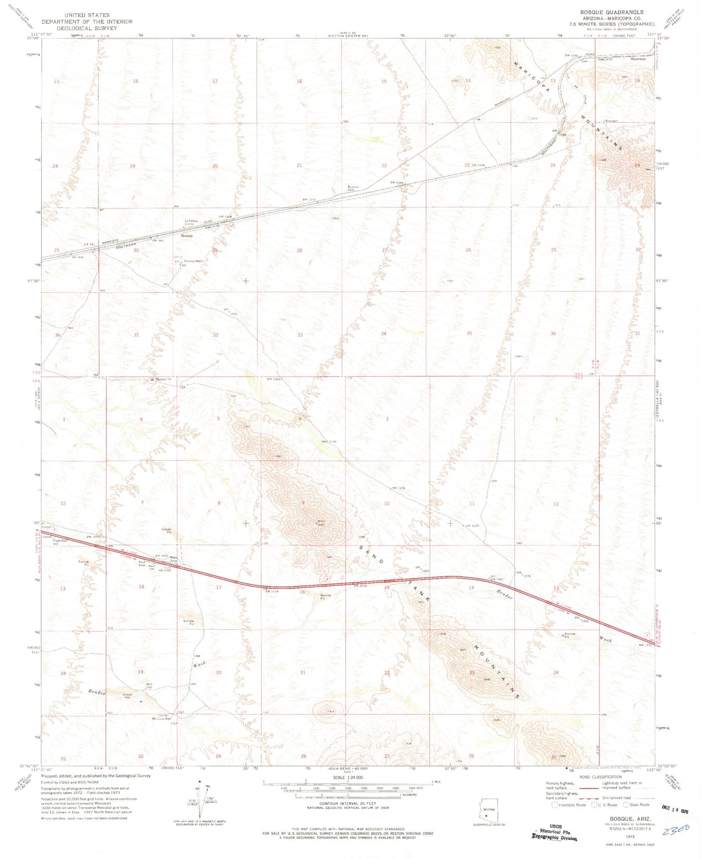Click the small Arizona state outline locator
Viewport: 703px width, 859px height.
click(x=489, y=809)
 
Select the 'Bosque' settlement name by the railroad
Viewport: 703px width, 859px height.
click(x=187, y=236)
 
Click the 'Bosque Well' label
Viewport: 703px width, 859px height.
click(x=193, y=261)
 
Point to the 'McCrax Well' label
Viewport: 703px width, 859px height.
click(x=162, y=718)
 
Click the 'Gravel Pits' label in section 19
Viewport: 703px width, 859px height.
click(x=127, y=696)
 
